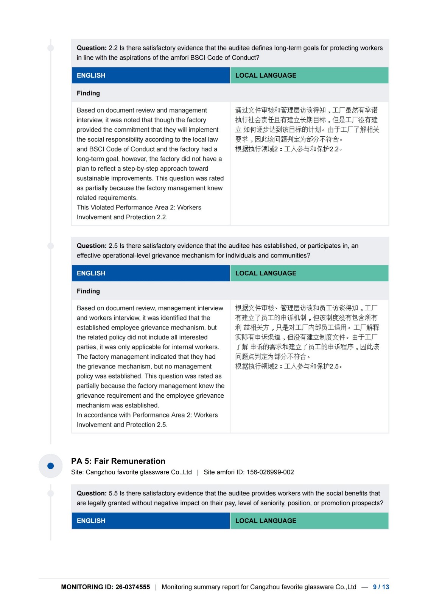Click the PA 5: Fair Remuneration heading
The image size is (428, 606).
tap(118, 461)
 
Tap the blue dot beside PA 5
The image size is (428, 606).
tap(50, 466)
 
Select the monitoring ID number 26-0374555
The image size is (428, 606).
tap(132, 587)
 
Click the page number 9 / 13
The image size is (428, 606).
tap(381, 587)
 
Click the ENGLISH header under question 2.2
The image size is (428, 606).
tap(91, 75)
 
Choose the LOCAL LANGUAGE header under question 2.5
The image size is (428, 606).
tap(266, 273)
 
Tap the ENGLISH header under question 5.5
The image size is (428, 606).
tap(91, 521)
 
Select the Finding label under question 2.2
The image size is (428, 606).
tap(88, 93)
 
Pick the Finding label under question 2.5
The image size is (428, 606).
tap(88, 291)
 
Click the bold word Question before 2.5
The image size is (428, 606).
tap(92, 246)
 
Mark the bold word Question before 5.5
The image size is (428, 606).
tap(92, 493)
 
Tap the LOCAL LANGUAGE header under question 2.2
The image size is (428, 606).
tap(266, 75)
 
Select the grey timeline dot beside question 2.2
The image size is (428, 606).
tap(50, 48)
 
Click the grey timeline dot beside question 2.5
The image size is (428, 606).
tap(50, 246)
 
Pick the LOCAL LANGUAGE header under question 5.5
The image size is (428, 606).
tap(266, 521)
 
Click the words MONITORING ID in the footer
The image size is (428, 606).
tap(87, 587)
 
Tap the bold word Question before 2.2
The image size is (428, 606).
tap(92, 48)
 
